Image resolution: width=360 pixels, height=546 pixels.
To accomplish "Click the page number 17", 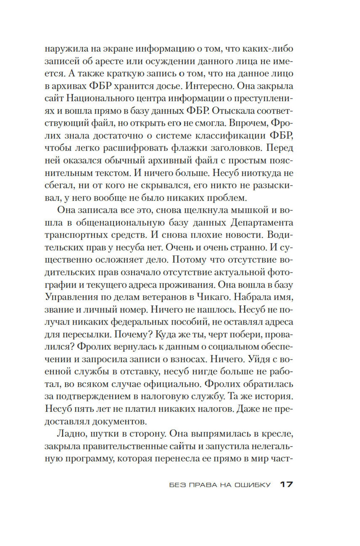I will tap(287, 484).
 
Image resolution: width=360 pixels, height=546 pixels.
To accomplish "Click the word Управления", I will tap(67, 297).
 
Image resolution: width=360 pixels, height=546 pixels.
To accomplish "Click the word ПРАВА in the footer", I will tap(202, 485).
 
